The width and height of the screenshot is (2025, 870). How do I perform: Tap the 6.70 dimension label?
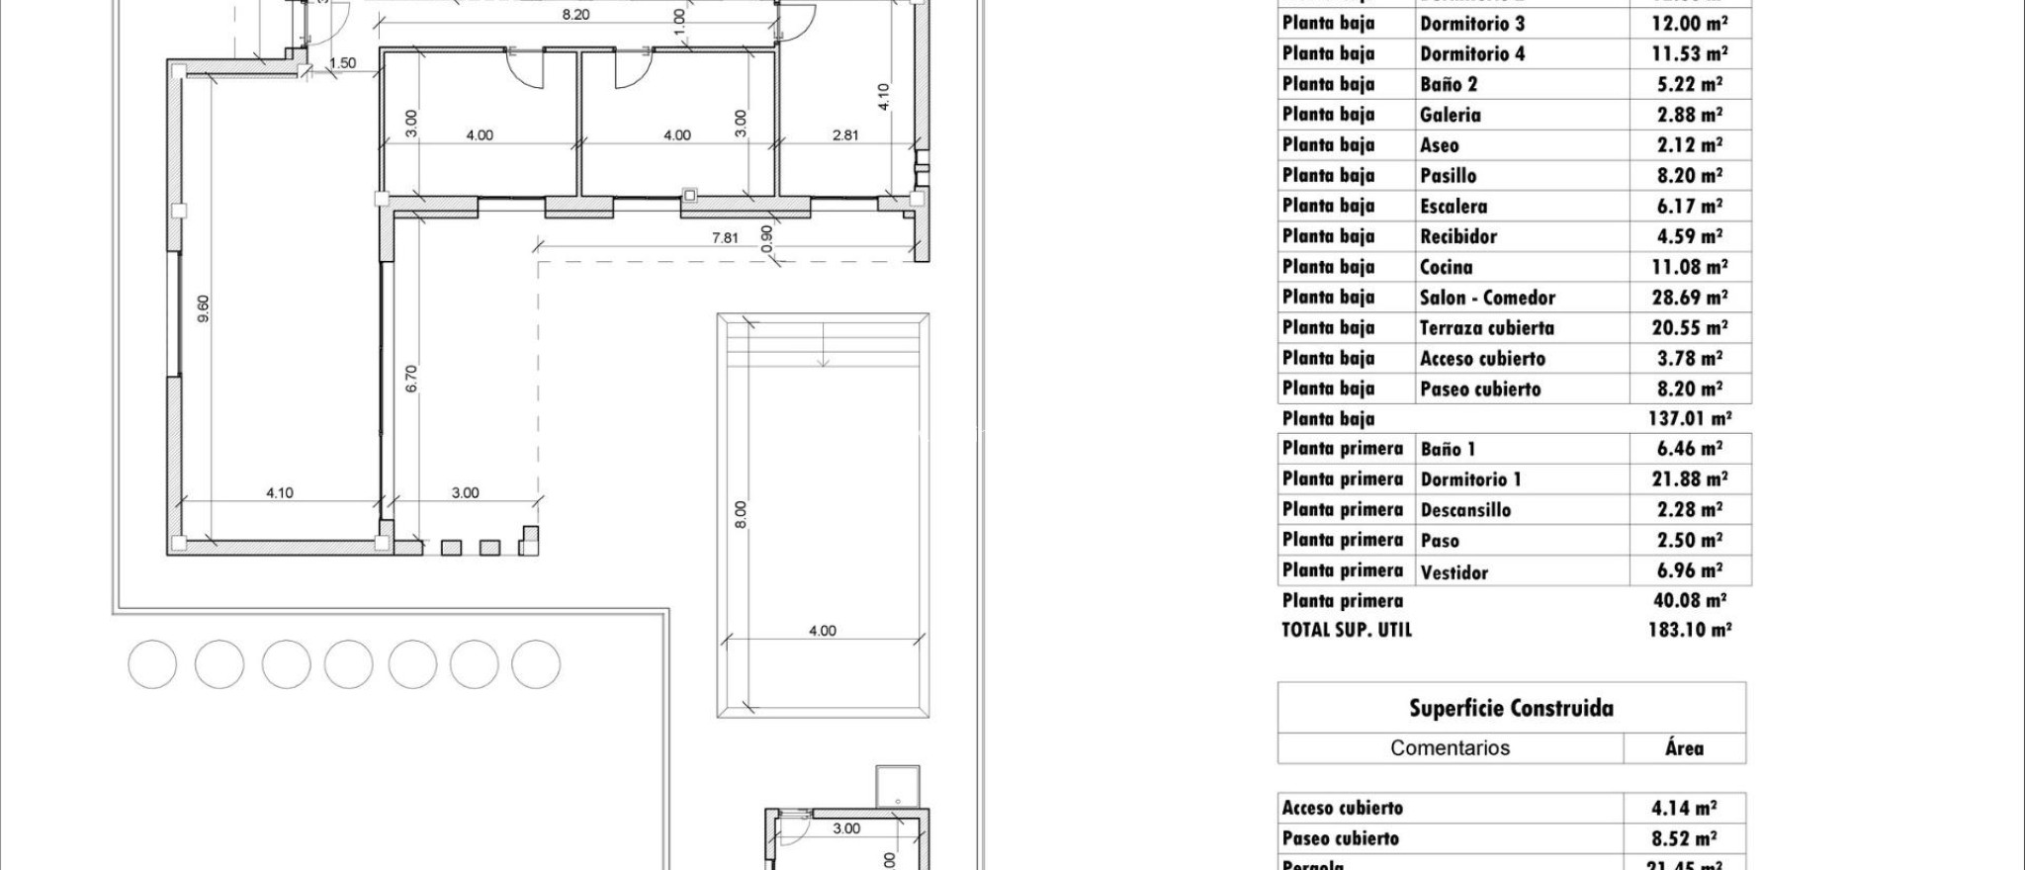(412, 379)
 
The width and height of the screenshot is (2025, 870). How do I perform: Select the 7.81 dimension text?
(725, 238)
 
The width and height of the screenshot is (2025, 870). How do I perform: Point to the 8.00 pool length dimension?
(742, 514)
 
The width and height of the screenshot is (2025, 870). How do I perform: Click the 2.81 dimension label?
(845, 135)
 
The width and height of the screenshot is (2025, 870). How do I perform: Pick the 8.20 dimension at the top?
(575, 15)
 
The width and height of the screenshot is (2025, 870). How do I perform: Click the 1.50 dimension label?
(342, 63)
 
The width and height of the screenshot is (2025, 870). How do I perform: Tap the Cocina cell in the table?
(1447, 267)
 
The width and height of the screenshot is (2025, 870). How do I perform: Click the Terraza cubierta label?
(1487, 328)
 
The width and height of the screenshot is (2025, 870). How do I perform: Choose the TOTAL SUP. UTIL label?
(1347, 630)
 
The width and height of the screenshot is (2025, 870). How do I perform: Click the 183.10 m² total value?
(1690, 630)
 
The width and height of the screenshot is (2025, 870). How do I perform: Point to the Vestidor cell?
(1454, 571)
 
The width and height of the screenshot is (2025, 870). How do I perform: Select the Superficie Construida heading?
(1511, 708)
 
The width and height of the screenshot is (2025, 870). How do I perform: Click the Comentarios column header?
(1450, 748)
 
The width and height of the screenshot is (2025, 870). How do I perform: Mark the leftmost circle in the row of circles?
(152, 664)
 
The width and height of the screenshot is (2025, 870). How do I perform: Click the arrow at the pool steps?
(823, 361)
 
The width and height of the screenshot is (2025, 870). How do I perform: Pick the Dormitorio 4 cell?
(1472, 53)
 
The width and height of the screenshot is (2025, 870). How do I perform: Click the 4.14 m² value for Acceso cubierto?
(1684, 809)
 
